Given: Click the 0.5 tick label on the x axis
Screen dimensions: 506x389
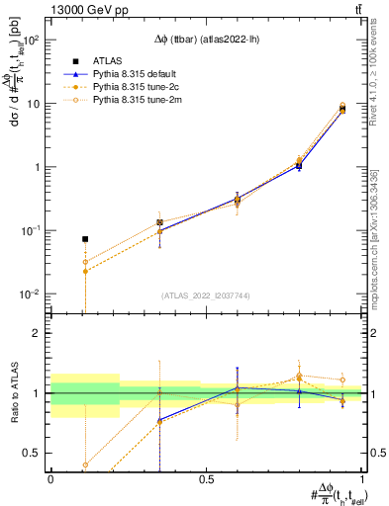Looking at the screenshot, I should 206,478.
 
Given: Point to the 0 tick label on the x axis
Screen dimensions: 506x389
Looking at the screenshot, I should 50,478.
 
